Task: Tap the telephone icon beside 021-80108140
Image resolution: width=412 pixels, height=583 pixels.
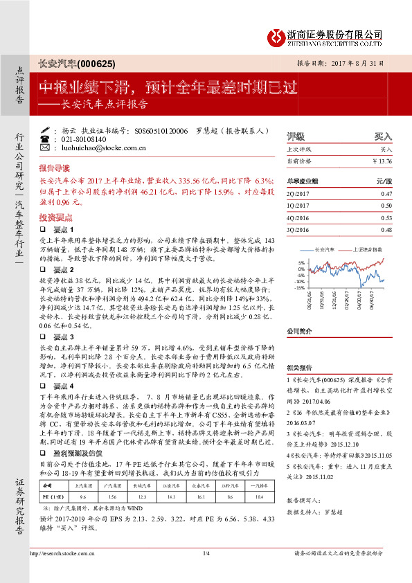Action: coord(45,138)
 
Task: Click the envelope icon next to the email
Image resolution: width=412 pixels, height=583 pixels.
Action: coord(45,147)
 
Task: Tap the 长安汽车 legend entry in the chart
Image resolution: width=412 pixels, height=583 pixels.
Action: coord(323,248)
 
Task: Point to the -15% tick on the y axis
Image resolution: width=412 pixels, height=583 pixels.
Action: coord(300,287)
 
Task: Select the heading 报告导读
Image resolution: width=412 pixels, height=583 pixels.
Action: coord(54,168)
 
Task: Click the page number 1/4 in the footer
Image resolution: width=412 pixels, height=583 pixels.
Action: coord(206,553)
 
